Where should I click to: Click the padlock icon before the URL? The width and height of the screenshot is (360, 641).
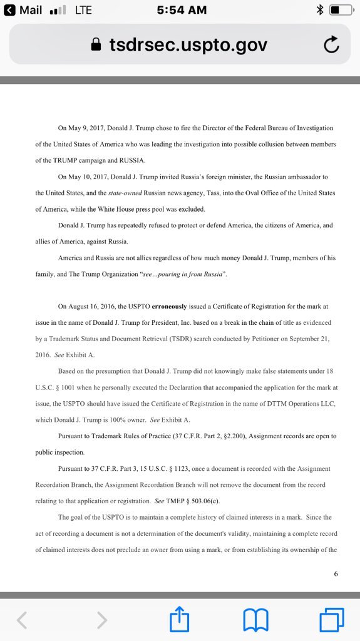[x=96, y=44]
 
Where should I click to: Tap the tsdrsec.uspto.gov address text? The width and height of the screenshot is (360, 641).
[x=188, y=44]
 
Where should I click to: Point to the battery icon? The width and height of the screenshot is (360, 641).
[x=341, y=9]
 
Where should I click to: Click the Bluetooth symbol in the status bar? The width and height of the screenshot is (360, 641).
[x=319, y=9]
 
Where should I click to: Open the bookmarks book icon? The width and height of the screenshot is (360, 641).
[x=255, y=620]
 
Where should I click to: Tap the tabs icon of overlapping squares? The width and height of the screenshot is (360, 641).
[x=331, y=620]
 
